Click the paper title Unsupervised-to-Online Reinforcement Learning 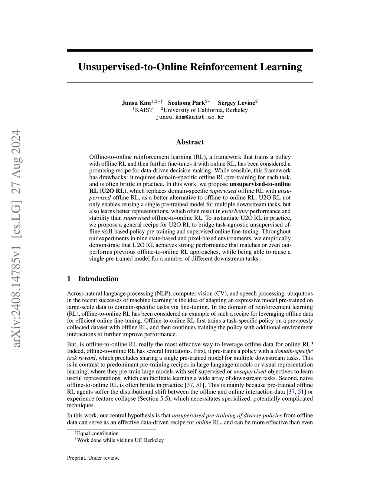tap(190, 67)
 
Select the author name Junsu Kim tap(136, 103)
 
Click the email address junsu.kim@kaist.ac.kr tap(190, 117)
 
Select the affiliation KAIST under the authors tap(144, 110)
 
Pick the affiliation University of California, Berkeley tap(206, 110)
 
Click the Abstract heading tap(190, 142)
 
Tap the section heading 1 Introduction tap(93, 279)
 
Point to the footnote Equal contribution tap(98, 433)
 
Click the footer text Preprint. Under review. tap(93, 458)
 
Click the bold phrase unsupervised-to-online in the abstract tap(260, 184)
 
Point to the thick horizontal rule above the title tap(190, 50)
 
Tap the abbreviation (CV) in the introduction tap(218, 293)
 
